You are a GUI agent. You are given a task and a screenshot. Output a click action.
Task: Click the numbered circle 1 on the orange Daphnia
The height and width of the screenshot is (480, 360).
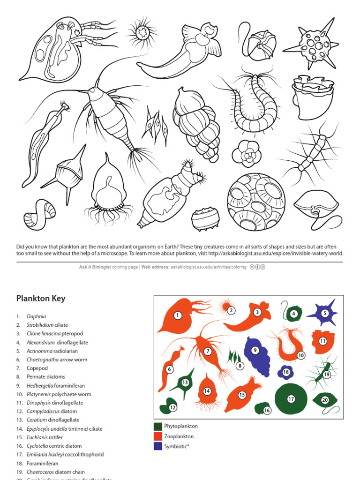(x=178, y=315)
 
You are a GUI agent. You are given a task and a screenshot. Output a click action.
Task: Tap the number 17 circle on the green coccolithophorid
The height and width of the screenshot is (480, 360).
(x=291, y=399)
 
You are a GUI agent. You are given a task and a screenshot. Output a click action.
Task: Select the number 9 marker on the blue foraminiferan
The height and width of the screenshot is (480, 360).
(x=255, y=350)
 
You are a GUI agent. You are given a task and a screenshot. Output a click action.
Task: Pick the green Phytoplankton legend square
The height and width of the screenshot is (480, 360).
(x=158, y=427)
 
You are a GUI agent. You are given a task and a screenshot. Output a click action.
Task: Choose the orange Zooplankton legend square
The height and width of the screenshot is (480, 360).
(x=158, y=436)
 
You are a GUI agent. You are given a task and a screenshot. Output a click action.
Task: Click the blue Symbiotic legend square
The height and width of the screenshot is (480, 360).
(x=158, y=446)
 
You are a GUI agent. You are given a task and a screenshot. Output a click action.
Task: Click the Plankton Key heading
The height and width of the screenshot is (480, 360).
(x=41, y=299)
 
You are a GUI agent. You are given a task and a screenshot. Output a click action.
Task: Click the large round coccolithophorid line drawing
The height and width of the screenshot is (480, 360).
(x=256, y=202)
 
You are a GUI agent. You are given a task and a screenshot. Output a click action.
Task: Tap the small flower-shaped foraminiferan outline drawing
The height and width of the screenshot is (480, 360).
(x=247, y=153)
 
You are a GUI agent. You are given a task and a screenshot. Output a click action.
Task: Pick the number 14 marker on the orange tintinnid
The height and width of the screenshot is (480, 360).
(x=207, y=391)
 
